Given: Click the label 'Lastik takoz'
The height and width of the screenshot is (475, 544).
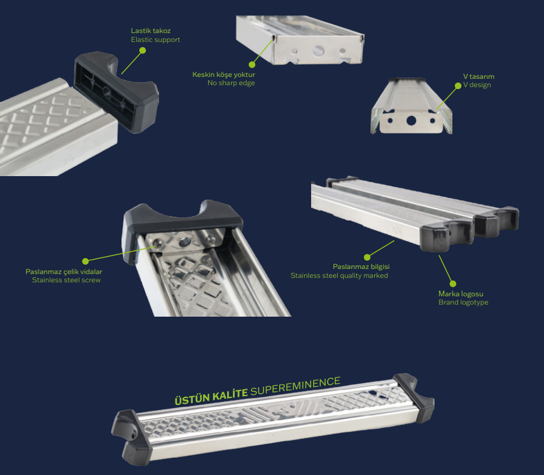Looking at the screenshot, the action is pos(151,31).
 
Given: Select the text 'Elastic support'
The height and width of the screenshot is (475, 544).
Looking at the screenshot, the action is pos(155,40).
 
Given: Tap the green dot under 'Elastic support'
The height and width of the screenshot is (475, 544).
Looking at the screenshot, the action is pos(143,50).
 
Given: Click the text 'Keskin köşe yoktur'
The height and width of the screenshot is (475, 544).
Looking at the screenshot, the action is pos(223,74).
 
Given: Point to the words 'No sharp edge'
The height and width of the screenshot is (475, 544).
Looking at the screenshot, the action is pos(231,83).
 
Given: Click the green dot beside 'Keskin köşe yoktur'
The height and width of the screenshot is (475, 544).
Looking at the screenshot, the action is pos(252,64).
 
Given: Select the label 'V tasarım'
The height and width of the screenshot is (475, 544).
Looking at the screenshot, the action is pos(478,77).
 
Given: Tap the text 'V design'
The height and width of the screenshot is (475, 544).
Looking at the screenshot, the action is pos(477,85).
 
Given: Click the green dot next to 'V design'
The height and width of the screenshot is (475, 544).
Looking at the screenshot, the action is pos(458,86).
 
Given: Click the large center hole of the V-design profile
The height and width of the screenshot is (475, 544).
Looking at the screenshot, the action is pos(411,121).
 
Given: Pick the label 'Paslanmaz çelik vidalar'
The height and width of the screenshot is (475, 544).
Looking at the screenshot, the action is pos(64,272).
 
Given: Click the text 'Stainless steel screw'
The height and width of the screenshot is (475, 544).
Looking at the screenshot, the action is pos(66,280).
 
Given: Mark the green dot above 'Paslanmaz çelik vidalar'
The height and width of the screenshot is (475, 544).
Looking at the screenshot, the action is pos(85,261).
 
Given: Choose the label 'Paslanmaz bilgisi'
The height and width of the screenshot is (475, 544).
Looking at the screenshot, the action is pos(361,266).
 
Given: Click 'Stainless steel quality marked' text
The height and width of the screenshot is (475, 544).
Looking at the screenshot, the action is pos(339,275).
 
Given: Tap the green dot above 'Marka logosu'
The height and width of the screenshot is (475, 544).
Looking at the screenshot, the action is pos(453,284).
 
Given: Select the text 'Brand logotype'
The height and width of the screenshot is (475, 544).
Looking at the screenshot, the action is pos(463,302).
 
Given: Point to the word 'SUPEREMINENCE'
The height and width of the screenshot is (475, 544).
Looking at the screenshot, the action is pos(295,386).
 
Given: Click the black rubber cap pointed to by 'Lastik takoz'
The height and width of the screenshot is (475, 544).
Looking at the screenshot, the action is pos(116,92).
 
